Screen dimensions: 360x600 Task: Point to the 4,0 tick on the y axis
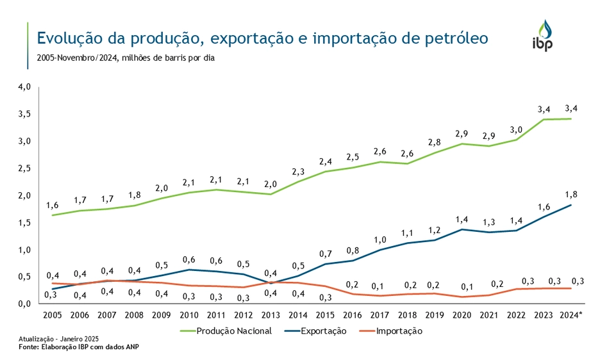pos(24,86)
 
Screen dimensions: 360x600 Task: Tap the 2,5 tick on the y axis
pos(24,168)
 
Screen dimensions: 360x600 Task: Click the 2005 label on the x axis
pos(53,315)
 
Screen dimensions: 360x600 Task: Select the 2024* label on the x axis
pos(569,315)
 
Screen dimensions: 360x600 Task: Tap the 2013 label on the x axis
pos(271,315)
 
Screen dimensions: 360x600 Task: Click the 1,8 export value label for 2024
pos(570,193)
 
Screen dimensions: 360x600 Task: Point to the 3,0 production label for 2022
pos(516,129)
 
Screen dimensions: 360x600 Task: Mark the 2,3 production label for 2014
pos(298,172)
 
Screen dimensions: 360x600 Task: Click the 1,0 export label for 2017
pos(379,240)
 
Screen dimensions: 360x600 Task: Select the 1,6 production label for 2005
pos(53,205)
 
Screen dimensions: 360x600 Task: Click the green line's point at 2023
pos(543,120)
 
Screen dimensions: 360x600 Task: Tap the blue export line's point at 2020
pos(462,229)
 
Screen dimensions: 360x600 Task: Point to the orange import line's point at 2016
pos(352,294)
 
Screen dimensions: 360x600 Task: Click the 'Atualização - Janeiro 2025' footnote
pos(58,338)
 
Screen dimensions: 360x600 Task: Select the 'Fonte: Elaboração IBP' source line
pos(78,347)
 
